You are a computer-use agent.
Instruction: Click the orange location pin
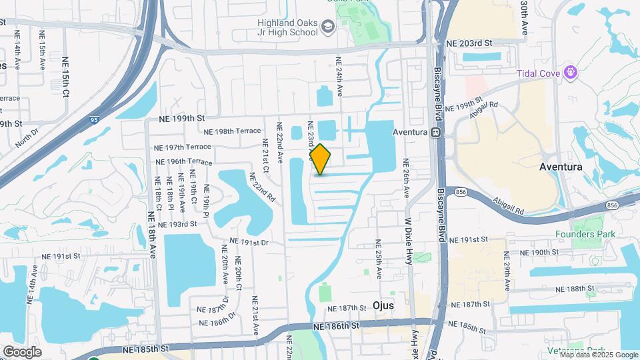pos(320,159)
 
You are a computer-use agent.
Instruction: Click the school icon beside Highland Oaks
pos(327,27)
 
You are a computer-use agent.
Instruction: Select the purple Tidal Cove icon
pos(569,72)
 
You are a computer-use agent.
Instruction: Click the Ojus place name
pos(383,305)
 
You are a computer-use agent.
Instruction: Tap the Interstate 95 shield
pos(93,120)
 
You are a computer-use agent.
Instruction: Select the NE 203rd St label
pos(469,43)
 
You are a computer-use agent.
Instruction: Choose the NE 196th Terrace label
pos(183,162)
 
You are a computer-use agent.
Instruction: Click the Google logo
pos(22,352)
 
